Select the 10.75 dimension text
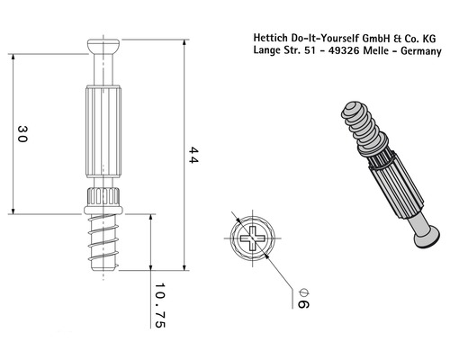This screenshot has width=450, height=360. [160, 307]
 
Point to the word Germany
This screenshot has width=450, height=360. [419, 52]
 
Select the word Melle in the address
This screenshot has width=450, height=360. [382, 52]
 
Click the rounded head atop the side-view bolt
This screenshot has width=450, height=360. [106, 46]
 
